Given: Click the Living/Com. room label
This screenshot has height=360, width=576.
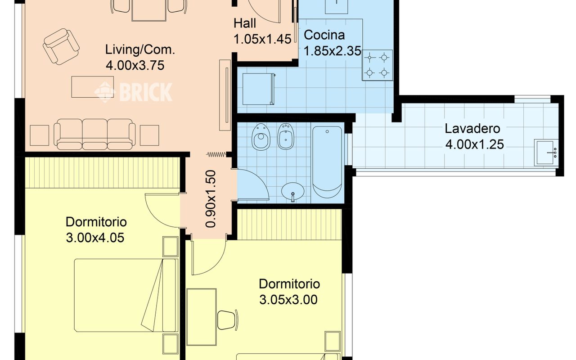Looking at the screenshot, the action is click(140, 49).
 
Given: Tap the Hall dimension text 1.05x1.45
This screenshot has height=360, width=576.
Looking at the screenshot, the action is click(262, 39).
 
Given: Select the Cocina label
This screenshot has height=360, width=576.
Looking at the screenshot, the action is click(324, 35).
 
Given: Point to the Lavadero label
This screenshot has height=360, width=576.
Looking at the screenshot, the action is click(472, 129).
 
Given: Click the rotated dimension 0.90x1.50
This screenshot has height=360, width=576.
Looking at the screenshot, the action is click(211, 199).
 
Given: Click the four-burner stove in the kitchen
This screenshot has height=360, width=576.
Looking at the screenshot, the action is click(378, 65).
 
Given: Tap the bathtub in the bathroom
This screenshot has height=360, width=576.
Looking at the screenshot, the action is click(327, 162).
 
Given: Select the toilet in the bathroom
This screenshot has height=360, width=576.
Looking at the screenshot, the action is click(261, 137).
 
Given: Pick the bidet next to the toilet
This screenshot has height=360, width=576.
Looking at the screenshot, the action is click(286, 136).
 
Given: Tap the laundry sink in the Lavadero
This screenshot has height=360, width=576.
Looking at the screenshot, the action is click(546, 153).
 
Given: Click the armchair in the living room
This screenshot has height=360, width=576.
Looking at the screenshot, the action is click(61, 46).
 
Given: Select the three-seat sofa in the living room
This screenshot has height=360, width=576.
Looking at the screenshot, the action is click(94, 134).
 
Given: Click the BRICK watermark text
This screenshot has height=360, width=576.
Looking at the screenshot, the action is click(146, 92).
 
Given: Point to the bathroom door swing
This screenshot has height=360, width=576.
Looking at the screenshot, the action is click(253, 184).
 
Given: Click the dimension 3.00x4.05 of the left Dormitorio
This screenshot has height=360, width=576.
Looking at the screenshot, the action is click(95, 238).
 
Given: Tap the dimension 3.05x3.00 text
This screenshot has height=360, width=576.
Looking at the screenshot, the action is click(288, 300).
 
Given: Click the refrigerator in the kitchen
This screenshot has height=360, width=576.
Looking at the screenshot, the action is click(259, 89).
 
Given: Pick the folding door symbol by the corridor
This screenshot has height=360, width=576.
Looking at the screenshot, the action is click(216, 154).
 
